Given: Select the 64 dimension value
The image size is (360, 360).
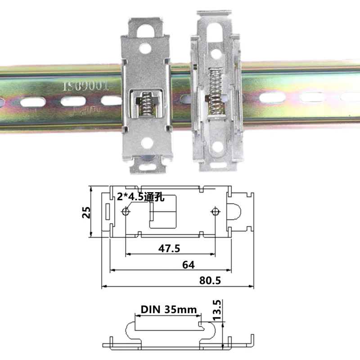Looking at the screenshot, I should (189, 265).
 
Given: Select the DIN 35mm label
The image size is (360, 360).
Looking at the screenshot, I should (169, 310).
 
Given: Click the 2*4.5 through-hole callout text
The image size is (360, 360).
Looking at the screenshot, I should (140, 196).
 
